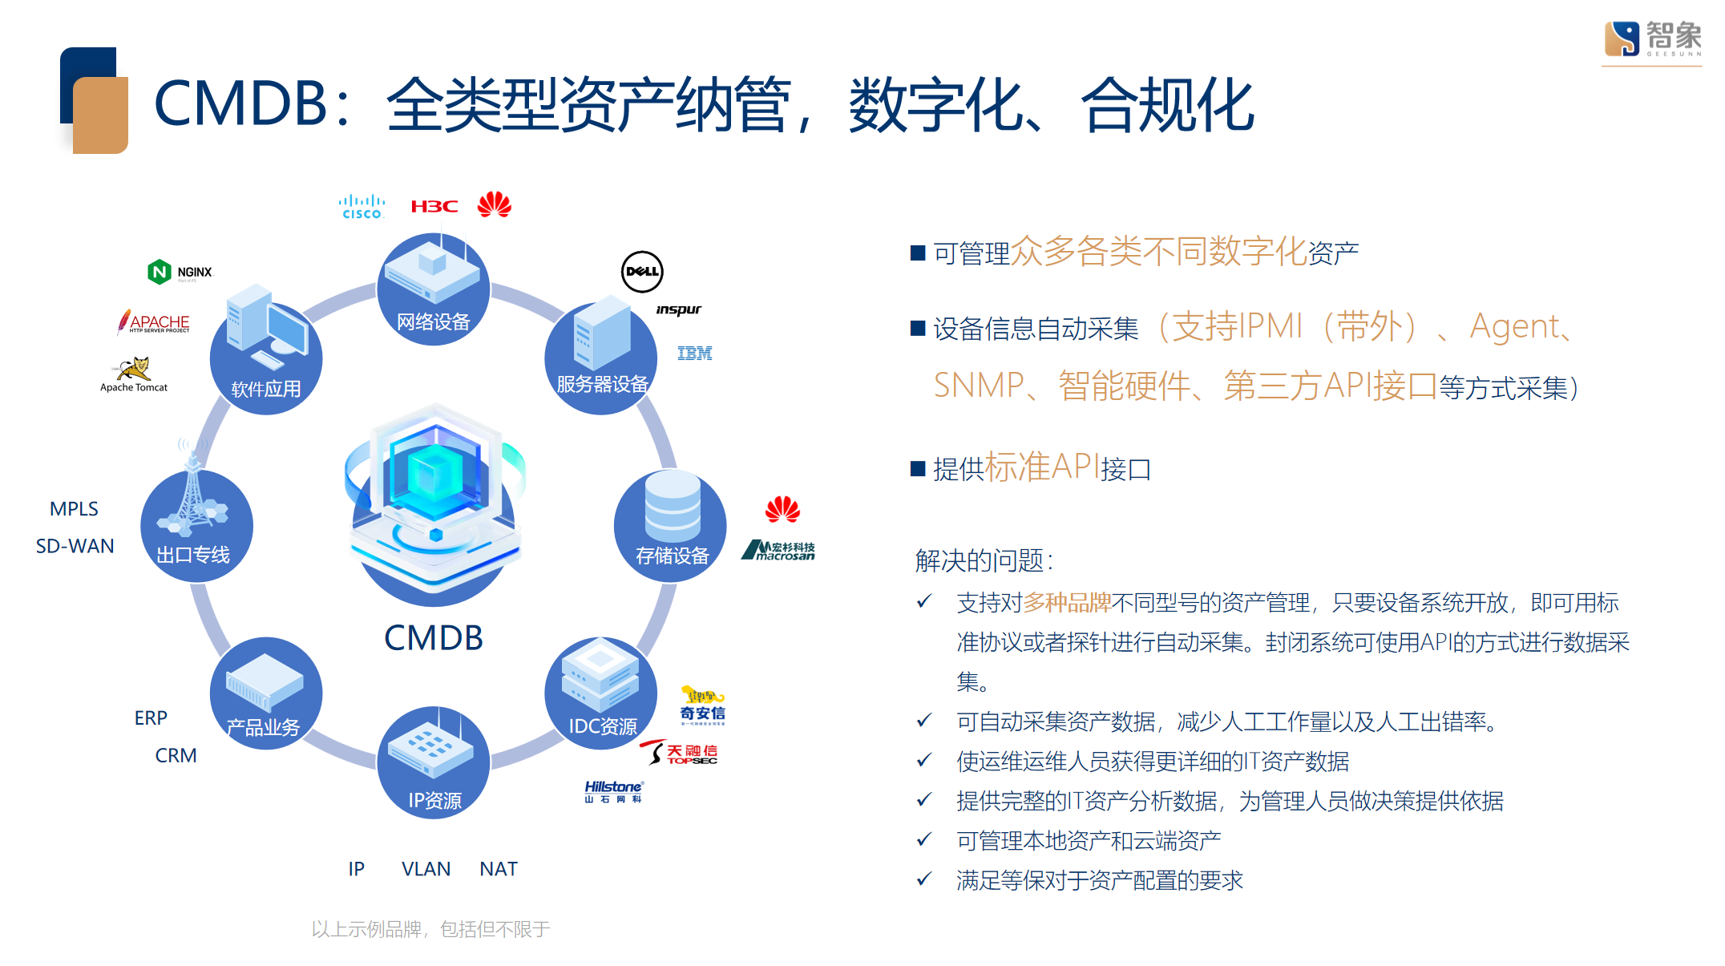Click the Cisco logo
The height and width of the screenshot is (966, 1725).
pyautogui.click(x=362, y=206)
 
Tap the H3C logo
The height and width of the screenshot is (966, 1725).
pyautogui.click(x=434, y=207)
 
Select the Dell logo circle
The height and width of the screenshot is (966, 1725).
pyautogui.click(x=642, y=272)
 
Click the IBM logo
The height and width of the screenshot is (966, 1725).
pyautogui.click(x=694, y=354)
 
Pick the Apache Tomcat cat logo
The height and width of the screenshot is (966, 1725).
pyautogui.click(x=134, y=370)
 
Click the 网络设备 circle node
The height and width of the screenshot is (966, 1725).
pyautogui.click(x=434, y=289)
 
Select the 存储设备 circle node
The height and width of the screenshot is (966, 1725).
pyautogui.click(x=671, y=527)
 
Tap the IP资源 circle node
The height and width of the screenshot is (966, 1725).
pyautogui.click(x=434, y=762)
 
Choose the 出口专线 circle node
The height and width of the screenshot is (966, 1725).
pyautogui.click(x=196, y=527)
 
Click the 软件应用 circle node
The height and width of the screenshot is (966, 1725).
pyautogui.click(x=266, y=358)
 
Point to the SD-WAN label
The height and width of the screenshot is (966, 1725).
pyautogui.click(x=75, y=546)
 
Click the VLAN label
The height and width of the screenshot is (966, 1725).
pyautogui.click(x=426, y=869)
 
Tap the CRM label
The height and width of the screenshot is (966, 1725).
pyautogui.click(x=176, y=755)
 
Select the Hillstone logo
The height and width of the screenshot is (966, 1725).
pyautogui.click(x=613, y=791)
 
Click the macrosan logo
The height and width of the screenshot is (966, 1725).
pyautogui.click(x=778, y=550)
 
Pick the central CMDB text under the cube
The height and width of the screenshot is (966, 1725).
pyautogui.click(x=434, y=638)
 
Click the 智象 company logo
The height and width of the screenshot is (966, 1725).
pyautogui.click(x=1652, y=38)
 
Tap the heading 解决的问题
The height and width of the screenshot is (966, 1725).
pyautogui.click(x=983, y=560)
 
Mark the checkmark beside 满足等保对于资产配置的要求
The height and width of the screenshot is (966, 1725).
pyautogui.click(x=924, y=879)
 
